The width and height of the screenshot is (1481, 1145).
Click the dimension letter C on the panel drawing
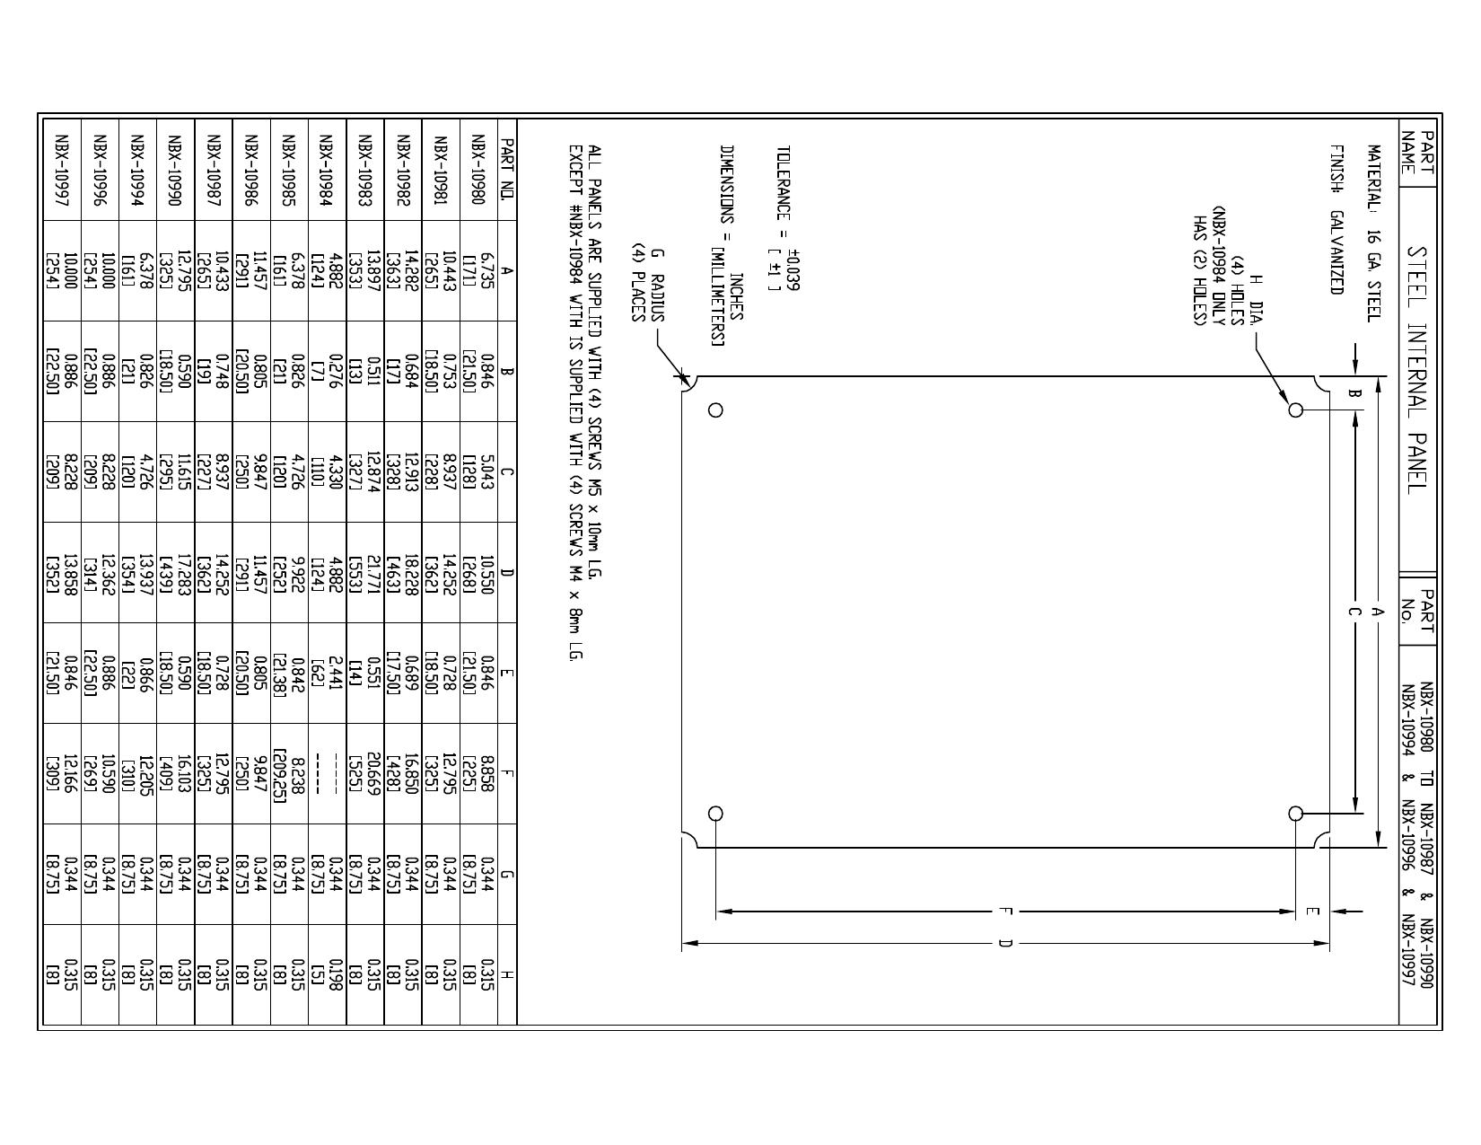click(x=1355, y=612)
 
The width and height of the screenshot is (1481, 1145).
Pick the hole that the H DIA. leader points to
click(x=1295, y=410)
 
